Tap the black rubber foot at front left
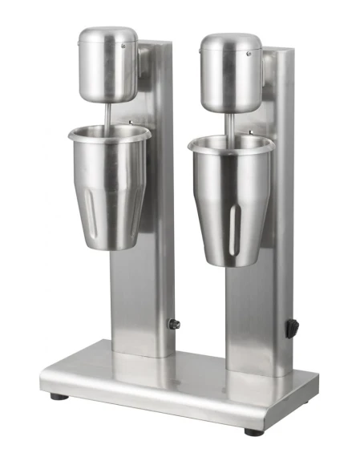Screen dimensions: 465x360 coord(55,395)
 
